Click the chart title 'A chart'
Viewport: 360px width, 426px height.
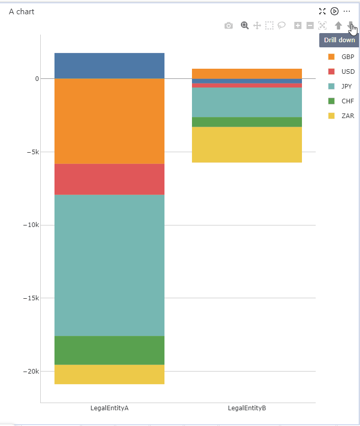click(21, 11)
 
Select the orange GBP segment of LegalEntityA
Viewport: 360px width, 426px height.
click(109, 121)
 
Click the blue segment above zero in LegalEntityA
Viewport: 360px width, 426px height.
click(109, 66)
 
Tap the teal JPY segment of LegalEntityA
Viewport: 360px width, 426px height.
click(109, 265)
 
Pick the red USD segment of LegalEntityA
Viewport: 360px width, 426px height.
click(109, 179)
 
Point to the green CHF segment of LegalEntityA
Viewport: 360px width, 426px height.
click(109, 350)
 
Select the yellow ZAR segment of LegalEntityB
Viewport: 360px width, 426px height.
click(247, 145)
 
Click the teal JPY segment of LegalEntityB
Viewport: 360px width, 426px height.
click(247, 102)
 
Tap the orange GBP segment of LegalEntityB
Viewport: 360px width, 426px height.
click(247, 73)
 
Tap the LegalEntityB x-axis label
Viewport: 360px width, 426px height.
click(247, 408)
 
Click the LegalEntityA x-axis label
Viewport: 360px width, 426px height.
click(109, 408)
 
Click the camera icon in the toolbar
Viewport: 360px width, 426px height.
click(229, 25)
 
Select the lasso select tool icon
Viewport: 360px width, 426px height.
click(282, 25)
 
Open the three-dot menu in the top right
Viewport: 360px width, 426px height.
click(347, 11)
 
